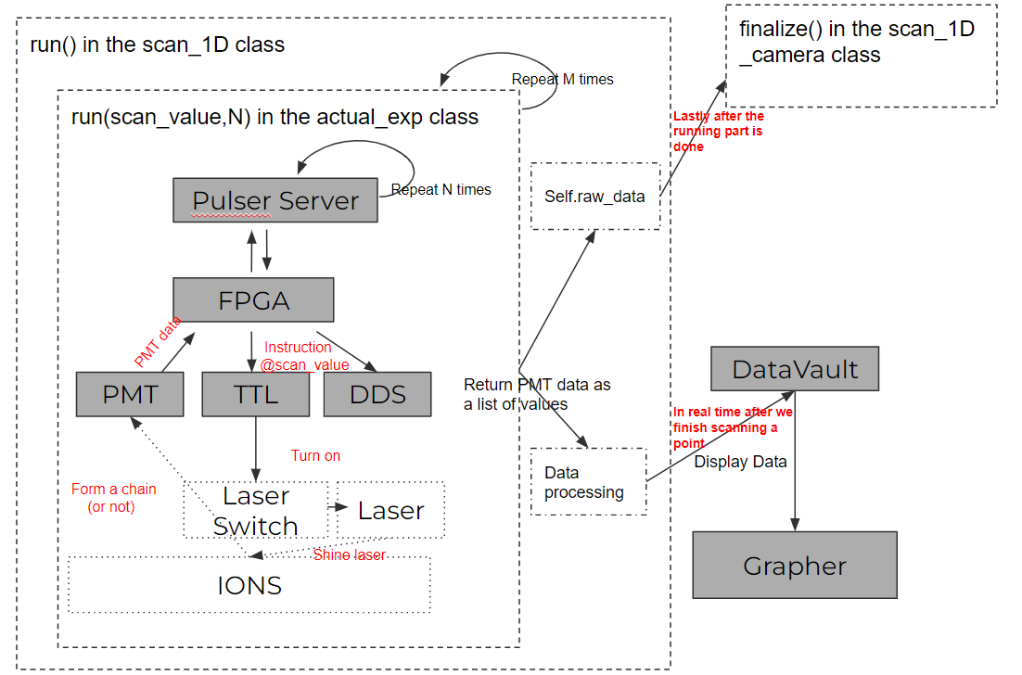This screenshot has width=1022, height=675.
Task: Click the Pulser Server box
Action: (x=275, y=200)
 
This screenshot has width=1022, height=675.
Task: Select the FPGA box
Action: (x=253, y=300)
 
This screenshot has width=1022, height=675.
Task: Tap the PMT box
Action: (x=131, y=394)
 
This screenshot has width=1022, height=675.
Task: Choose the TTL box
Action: (x=255, y=394)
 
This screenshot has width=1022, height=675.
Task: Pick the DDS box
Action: (x=377, y=394)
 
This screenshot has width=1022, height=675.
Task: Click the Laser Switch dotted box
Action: (x=257, y=510)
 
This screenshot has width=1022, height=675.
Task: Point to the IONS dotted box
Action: (x=249, y=585)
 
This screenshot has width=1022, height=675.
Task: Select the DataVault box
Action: (x=795, y=369)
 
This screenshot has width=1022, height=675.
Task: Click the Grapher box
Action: (x=795, y=565)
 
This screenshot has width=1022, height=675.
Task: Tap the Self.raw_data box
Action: (x=594, y=197)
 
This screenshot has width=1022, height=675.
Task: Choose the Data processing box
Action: (x=588, y=482)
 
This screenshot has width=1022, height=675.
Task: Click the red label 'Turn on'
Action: (x=316, y=455)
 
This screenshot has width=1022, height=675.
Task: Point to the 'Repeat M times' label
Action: (x=562, y=79)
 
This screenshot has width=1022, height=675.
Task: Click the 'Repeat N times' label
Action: (x=441, y=189)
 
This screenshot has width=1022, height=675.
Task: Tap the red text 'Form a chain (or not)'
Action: (x=113, y=497)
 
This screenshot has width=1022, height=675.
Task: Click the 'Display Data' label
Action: (x=740, y=462)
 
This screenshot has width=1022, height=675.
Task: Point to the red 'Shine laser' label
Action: (x=349, y=554)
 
